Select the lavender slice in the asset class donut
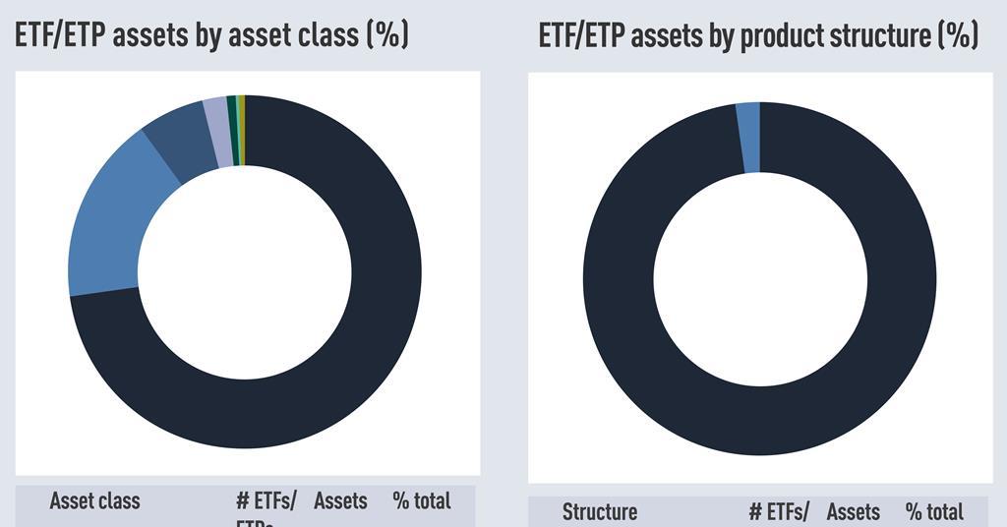216,134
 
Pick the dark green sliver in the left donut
231,130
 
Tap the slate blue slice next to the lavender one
183,147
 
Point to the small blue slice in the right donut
748,138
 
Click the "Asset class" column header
95,501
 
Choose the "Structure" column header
600,512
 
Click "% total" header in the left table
421,501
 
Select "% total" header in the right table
933,512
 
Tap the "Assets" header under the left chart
340,501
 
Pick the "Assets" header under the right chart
853,512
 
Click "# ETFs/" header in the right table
779,512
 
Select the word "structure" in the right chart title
877,36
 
